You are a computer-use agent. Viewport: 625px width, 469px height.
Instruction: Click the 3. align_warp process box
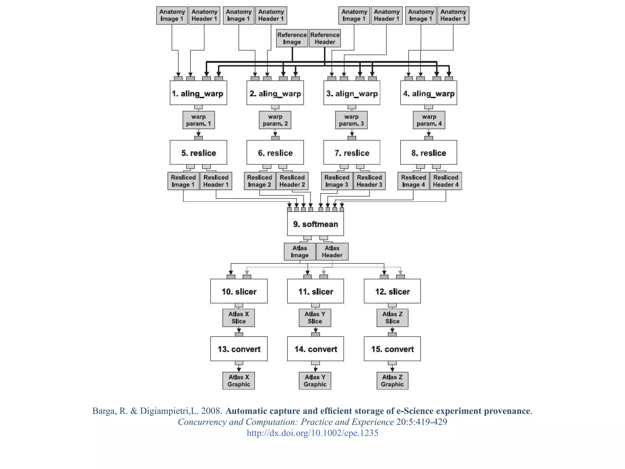pos(352,93)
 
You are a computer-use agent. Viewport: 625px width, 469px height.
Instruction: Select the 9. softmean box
pos(315,224)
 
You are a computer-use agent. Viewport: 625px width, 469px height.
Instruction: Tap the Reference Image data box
pos(292,38)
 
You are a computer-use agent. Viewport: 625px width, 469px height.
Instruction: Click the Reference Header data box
pos(325,38)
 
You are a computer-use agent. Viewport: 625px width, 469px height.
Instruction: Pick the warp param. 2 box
pos(275,120)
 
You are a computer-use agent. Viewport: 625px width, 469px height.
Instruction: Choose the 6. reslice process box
pos(275,153)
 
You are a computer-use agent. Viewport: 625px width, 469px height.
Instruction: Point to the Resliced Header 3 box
pos(369,181)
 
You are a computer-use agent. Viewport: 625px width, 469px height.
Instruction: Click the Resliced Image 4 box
pos(413,181)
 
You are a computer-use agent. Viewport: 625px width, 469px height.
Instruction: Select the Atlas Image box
pos(299,252)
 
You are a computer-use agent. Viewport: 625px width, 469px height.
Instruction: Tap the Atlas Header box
pos(332,252)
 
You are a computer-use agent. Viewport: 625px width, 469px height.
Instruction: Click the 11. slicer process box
pos(315,291)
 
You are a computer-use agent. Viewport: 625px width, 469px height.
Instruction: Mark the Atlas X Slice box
pos(238,318)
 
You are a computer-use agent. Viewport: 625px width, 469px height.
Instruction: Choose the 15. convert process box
pos(392,349)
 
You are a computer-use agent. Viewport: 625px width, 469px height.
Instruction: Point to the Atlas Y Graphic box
pos(315,381)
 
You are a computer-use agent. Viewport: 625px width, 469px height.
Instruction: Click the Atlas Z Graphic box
pos(392,381)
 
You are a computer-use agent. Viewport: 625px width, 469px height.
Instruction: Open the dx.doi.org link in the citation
pos(312,433)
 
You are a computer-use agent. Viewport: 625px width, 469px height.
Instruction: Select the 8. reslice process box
pos(428,153)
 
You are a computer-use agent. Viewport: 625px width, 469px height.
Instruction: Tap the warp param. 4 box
pos(429,120)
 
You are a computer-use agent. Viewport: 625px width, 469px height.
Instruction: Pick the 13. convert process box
pos(239,349)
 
